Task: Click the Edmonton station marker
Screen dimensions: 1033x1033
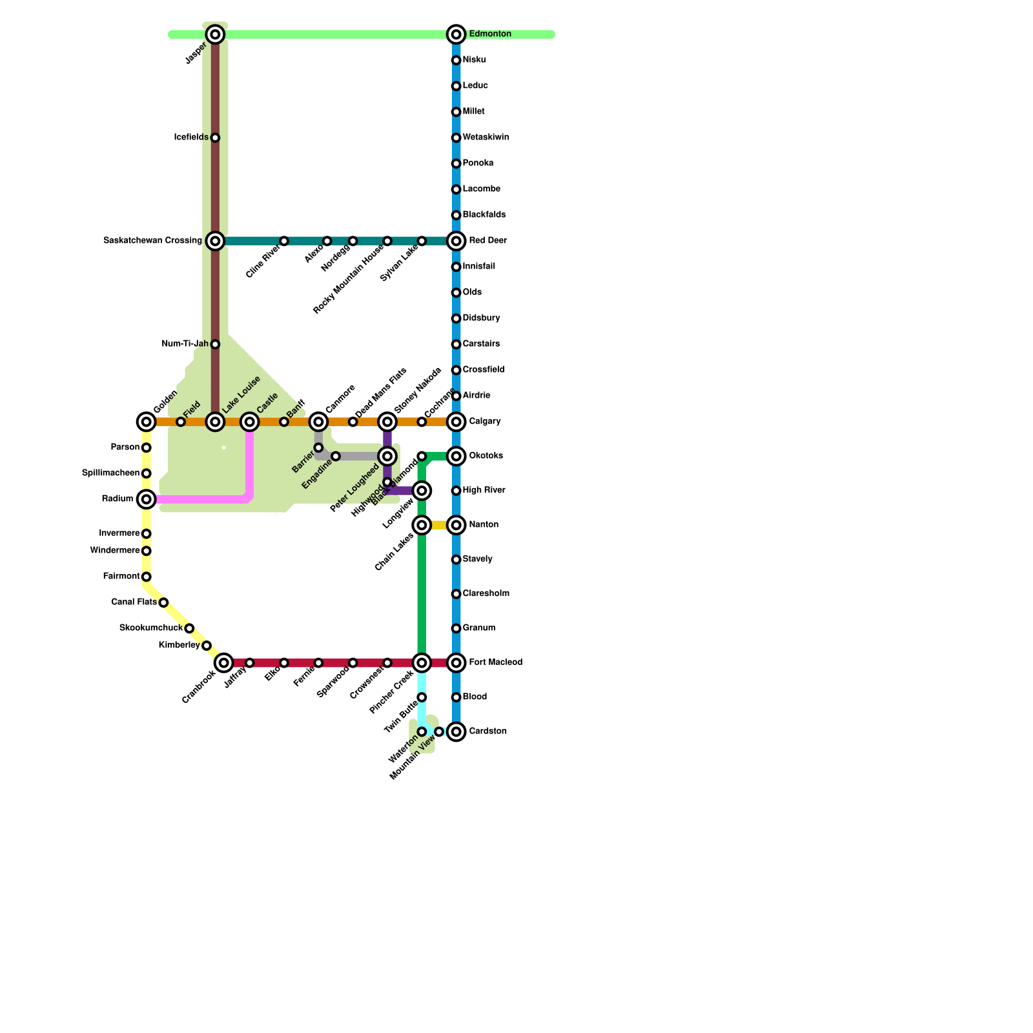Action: coord(456,34)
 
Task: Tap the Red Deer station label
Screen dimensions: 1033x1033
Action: coord(487,241)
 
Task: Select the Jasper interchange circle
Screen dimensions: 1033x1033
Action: coord(215,34)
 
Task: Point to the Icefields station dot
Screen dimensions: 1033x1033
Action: coord(215,138)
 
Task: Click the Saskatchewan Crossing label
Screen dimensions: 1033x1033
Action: coord(152,241)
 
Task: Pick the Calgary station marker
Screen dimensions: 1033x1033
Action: coord(456,422)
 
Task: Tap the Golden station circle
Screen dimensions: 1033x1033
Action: coord(147,422)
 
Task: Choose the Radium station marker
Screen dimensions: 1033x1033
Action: coord(147,499)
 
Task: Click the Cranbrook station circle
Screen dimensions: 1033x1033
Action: coord(223,662)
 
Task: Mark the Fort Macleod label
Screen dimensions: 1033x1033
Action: coord(495,662)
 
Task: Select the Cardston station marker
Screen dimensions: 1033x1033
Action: coord(456,731)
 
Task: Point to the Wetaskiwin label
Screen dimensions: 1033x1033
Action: coord(486,138)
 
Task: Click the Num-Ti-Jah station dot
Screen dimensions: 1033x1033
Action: coord(215,344)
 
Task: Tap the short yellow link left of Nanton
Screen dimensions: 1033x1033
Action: coord(439,525)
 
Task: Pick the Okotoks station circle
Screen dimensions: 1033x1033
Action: coord(456,456)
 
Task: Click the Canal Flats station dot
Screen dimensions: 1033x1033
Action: coord(163,602)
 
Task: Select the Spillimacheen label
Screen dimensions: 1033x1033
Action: coord(110,473)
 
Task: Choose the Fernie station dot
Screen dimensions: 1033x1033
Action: coord(318,663)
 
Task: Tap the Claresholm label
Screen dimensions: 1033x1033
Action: coord(486,593)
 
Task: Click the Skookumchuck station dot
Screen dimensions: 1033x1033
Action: coord(189,628)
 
